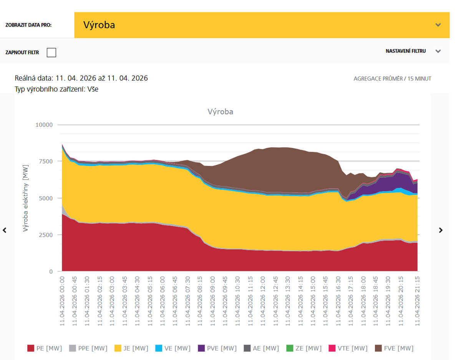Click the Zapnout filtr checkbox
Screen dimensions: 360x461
pyautogui.click(x=51, y=52)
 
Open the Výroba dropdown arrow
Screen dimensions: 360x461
pyautogui.click(x=438, y=25)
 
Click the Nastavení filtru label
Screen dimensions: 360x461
pyautogui.click(x=406, y=51)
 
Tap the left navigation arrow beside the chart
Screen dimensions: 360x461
pyautogui.click(x=5, y=230)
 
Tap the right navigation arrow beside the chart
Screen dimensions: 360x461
pyautogui.click(x=441, y=230)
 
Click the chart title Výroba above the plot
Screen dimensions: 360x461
pyautogui.click(x=220, y=112)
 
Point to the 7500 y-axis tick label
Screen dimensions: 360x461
pyautogui.click(x=45, y=161)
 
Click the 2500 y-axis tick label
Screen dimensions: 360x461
pyautogui.click(x=45, y=235)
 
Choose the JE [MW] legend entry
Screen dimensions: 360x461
pyautogui.click(x=131, y=348)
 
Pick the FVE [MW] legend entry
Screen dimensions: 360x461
pyautogui.click(x=395, y=348)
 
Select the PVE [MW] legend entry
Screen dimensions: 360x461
pyautogui.click(x=217, y=348)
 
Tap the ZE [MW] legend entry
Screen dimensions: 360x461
pyautogui.click(x=303, y=348)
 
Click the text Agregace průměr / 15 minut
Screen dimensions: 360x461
pyautogui.click(x=392, y=79)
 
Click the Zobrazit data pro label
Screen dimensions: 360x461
pyautogui.click(x=28, y=25)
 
